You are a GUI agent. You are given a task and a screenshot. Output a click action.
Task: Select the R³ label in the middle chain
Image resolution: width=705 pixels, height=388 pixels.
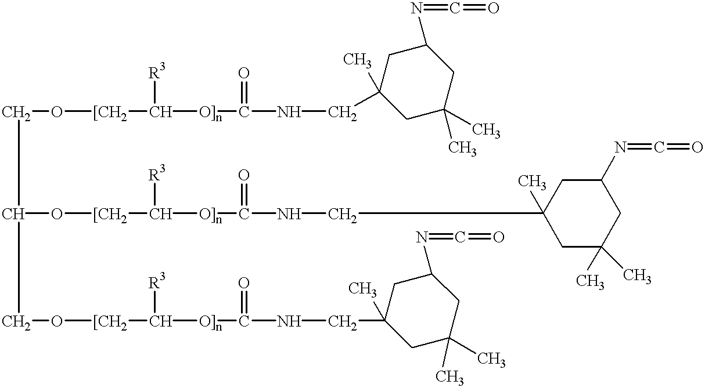156,173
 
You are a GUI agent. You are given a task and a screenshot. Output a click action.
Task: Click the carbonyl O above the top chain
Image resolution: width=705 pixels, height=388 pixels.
244,73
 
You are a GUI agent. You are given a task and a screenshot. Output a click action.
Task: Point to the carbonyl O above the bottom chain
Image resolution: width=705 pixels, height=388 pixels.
244,283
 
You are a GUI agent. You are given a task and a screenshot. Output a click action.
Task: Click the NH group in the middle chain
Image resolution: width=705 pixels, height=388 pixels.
289,214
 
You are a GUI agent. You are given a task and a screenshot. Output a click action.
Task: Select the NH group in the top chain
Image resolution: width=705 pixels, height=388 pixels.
289,113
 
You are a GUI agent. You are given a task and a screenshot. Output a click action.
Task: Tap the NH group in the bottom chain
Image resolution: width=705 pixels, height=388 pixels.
289,321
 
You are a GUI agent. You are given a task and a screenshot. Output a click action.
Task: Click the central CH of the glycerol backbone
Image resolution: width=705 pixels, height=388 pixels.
13,214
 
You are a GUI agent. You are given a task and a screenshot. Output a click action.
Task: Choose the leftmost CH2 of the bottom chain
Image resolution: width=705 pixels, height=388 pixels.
16,322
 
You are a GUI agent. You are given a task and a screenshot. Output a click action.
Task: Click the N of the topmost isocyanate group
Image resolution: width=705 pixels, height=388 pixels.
417,8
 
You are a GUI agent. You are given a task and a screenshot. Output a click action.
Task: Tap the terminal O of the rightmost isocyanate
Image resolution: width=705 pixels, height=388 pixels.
697,147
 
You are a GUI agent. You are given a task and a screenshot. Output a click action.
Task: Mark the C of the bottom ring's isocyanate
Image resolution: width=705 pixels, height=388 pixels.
460,237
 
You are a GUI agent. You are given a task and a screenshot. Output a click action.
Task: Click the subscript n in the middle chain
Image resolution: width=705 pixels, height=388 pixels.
219,219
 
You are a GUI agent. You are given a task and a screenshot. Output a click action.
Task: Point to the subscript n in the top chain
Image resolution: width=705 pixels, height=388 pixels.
219,118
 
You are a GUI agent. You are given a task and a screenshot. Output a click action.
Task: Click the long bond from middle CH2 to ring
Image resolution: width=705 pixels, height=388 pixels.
451,214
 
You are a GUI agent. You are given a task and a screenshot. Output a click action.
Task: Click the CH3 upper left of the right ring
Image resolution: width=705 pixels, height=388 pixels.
532,182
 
